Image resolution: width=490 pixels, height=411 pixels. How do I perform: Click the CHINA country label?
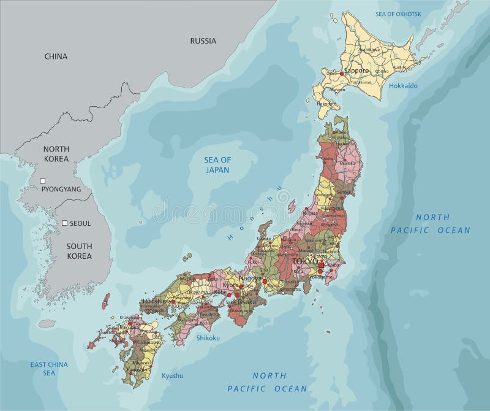point(55,56)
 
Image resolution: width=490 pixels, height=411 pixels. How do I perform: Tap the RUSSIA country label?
point(203,42)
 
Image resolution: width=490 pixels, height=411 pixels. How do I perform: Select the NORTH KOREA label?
point(56,154)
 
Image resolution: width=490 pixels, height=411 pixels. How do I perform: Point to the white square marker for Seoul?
point(64,223)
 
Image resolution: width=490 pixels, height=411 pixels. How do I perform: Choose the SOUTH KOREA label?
point(79,251)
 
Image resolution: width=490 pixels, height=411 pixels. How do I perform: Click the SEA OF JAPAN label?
point(217,164)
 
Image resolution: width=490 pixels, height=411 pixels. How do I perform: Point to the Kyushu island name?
point(172,375)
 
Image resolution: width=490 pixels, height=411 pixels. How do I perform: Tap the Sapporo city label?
point(357,71)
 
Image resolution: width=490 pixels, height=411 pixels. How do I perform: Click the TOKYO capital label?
point(306,261)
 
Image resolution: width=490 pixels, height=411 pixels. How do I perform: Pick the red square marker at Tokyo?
point(322,265)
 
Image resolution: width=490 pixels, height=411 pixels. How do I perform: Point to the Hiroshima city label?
point(157,302)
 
